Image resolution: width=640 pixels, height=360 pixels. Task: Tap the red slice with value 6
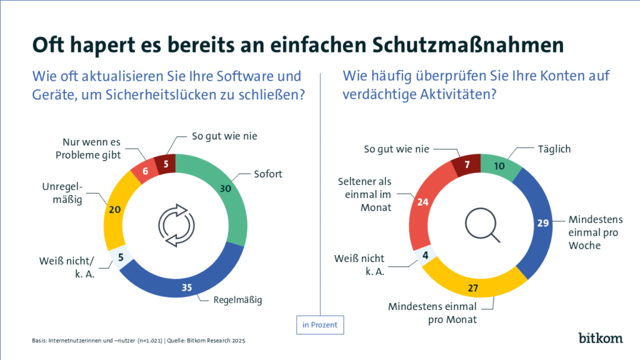point(146,169)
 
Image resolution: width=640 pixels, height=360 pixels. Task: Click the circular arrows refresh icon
point(176,225)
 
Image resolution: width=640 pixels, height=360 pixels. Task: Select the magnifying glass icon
point(482,226)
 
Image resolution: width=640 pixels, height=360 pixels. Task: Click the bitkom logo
point(599,337)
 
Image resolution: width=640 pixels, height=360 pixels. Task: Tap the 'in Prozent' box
point(319,325)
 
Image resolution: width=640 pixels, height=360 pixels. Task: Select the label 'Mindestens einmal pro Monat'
point(432,312)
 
